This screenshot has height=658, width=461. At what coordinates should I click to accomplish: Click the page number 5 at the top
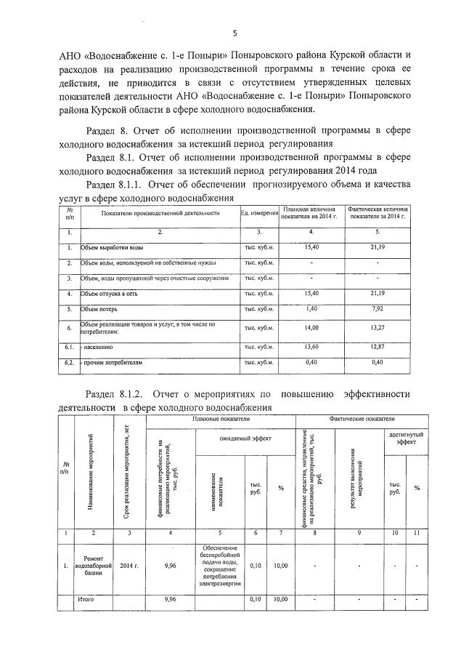234,33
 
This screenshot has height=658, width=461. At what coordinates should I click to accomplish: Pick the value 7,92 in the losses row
377,308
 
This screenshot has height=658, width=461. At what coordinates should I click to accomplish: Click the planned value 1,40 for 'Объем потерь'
311,308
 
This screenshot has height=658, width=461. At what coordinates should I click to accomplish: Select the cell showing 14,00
311,328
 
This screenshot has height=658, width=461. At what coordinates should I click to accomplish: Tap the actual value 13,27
377,328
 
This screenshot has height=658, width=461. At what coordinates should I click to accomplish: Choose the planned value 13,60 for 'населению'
311,348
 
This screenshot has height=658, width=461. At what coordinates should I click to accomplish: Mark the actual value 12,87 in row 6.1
377,348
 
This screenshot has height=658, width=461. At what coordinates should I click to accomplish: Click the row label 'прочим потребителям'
109,362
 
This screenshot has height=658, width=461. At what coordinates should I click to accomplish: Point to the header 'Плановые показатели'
221,420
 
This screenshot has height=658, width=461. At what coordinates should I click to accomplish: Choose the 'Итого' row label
86,600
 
